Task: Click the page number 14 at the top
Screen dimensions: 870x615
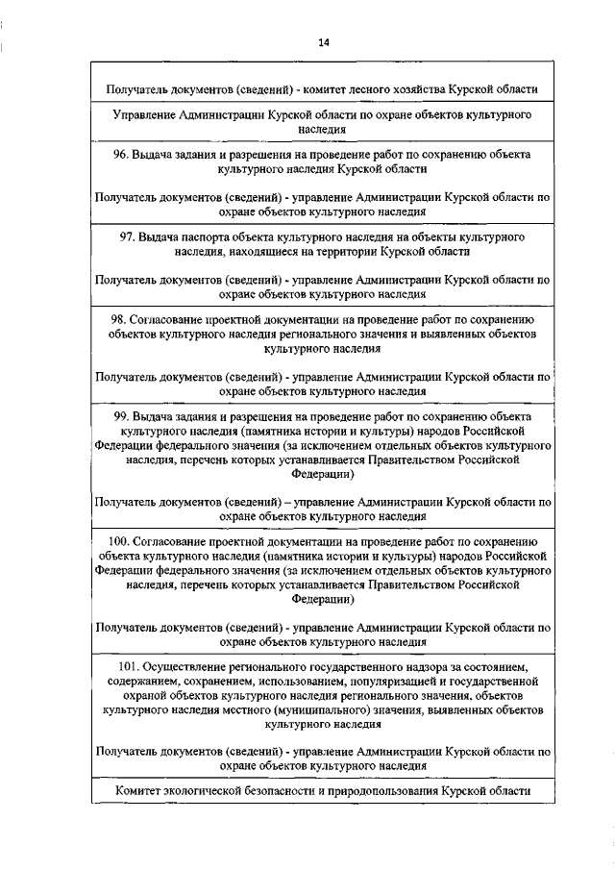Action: coord(323,42)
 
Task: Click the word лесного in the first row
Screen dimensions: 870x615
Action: coord(357,89)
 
